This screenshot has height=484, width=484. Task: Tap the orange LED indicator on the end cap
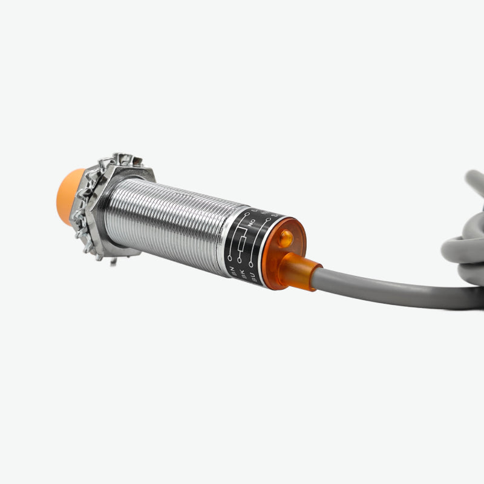pos(286,240)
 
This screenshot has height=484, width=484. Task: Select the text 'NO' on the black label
pos(249,222)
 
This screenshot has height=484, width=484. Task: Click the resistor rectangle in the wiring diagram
pos(242,243)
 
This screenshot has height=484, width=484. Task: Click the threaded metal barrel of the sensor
pos(175,224)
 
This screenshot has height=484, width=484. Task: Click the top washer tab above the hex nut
pos(124,159)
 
